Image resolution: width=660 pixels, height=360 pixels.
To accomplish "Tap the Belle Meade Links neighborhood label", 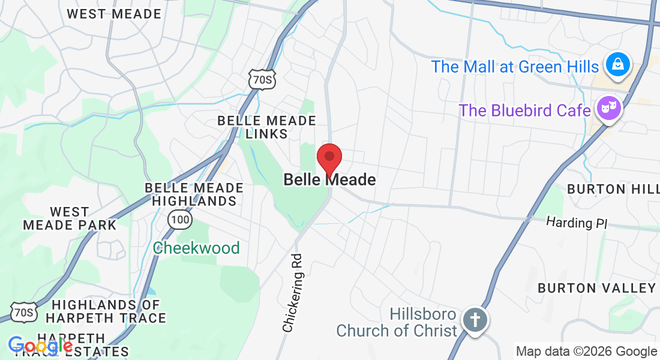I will point(266,127).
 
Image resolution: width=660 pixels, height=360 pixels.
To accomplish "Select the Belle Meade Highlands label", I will point(194,194).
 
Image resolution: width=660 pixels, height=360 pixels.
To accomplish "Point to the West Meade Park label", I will point(70,218).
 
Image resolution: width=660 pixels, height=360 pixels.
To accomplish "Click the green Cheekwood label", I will point(196,248).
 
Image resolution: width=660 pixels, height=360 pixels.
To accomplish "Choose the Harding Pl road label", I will point(577,223).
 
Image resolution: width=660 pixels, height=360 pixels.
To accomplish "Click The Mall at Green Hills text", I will point(515,67).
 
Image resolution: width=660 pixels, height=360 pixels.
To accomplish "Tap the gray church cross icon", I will point(475,320).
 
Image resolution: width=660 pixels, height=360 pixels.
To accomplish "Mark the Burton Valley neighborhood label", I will point(596,288).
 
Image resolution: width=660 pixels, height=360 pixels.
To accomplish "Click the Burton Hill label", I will point(612,189).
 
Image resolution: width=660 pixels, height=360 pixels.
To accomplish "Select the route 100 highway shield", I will point(180,220).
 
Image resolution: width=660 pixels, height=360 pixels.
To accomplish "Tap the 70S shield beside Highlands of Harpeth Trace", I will point(23,312).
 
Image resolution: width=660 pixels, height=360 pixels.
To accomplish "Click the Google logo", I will point(40,346).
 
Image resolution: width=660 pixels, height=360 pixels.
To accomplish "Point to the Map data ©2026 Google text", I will point(586,352).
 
